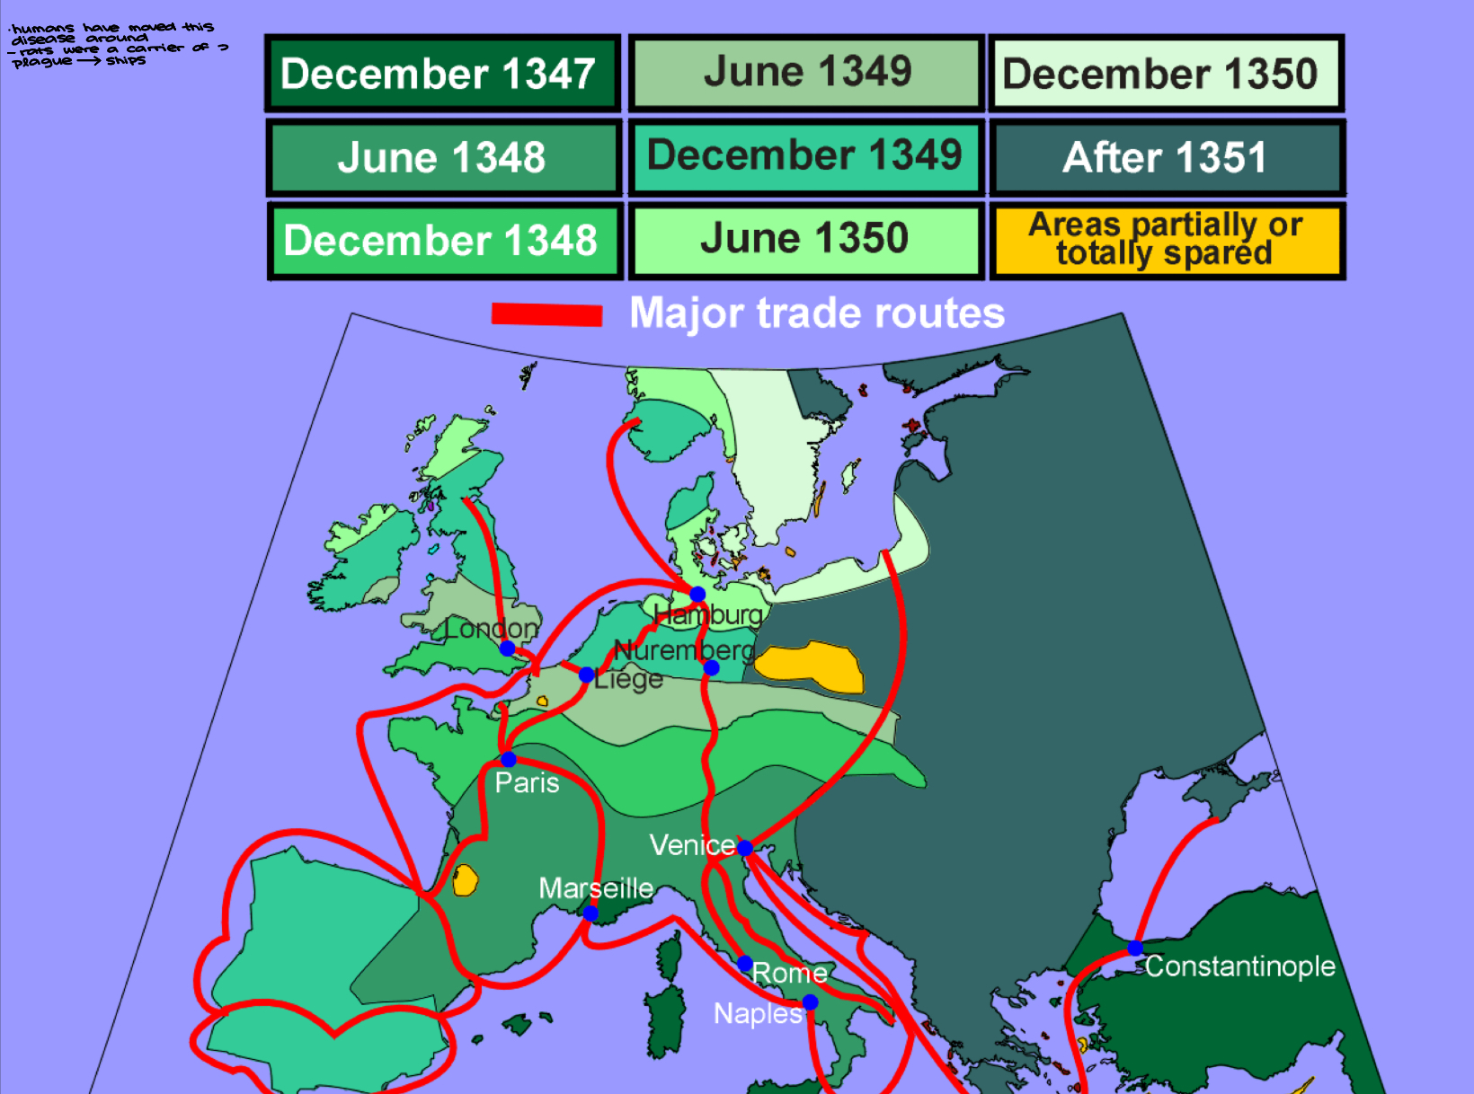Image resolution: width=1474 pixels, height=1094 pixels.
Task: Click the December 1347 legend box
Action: [442, 74]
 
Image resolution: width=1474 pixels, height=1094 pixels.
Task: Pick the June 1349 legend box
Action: [806, 72]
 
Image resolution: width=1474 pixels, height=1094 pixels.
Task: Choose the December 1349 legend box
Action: [804, 155]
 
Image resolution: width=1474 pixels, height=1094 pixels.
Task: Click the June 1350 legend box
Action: [804, 239]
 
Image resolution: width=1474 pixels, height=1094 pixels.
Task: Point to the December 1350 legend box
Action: [1166, 74]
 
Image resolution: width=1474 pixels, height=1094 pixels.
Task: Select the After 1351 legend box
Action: [1166, 157]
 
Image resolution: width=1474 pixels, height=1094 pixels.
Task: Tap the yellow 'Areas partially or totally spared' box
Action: [1166, 239]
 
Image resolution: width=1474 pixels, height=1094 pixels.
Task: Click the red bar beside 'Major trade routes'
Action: [546, 313]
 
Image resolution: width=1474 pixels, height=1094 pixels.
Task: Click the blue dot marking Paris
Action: [509, 759]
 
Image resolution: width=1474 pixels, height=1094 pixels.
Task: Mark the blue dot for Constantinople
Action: [1135, 948]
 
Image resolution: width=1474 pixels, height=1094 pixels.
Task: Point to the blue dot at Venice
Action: [744, 847]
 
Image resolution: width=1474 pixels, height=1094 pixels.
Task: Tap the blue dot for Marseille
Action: [590, 913]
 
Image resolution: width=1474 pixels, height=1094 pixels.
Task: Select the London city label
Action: [491, 629]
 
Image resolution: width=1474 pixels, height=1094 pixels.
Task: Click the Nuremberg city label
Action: [683, 650]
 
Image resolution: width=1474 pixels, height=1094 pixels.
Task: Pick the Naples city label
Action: [757, 1013]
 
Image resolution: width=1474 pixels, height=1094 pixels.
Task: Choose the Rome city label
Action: [789, 973]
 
